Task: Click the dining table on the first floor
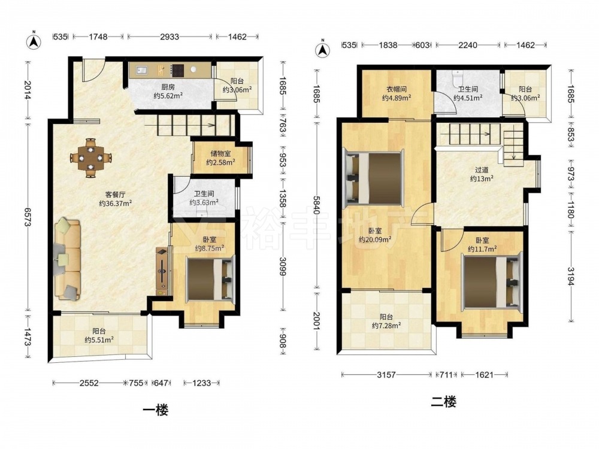tap(90, 157)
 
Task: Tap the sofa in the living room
tap(68, 259)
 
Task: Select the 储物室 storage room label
tap(220, 153)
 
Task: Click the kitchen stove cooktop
tap(178, 70)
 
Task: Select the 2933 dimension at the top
tap(170, 37)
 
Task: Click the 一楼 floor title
tap(156, 411)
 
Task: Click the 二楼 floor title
tap(443, 402)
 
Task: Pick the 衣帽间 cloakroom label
tap(396, 89)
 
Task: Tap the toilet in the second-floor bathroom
tap(456, 78)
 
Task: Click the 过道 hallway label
tap(482, 170)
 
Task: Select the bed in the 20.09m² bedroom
tap(373, 177)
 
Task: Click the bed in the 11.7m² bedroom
tap(492, 282)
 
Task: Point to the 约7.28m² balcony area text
tap(386, 326)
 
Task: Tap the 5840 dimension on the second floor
tap(317, 206)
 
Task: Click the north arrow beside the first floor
tap(34, 40)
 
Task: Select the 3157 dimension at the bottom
tap(386, 375)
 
